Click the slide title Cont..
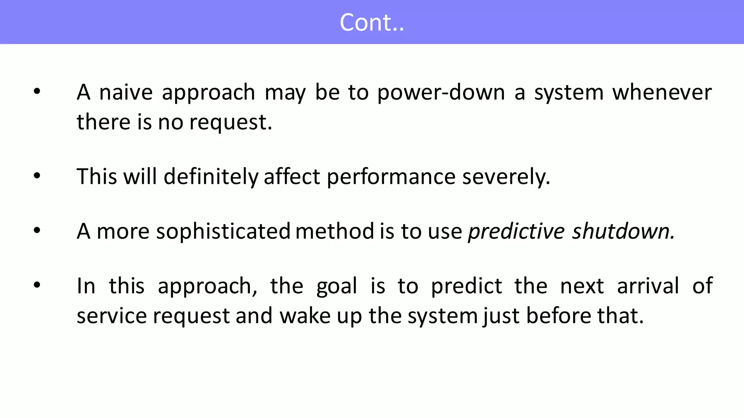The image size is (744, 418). (371, 23)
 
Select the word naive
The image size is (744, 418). (126, 92)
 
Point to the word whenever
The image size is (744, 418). (662, 92)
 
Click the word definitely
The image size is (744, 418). (211, 177)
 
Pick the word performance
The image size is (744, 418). (391, 177)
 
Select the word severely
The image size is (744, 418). (506, 177)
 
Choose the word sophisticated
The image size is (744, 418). (223, 232)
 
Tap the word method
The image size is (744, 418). (335, 231)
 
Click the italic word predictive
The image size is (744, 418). (516, 232)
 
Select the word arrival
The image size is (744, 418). (648, 286)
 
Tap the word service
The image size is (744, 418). (112, 316)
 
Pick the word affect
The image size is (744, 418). (292, 177)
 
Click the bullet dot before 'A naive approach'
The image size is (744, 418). (37, 92)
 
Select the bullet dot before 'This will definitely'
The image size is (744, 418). (37, 176)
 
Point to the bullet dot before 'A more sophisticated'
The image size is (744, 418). (37, 231)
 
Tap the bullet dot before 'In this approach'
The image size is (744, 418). (37, 285)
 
